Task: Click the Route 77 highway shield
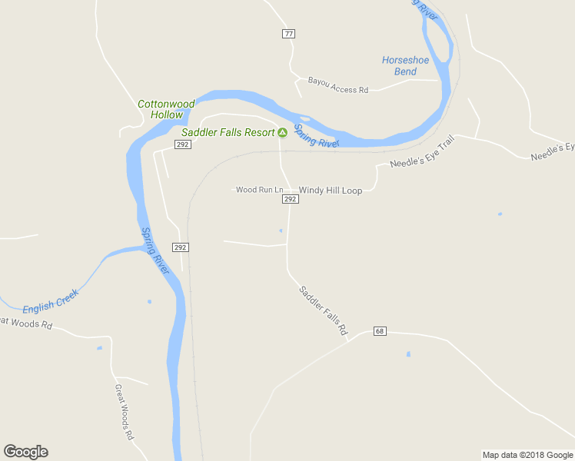pyautogui.click(x=288, y=34)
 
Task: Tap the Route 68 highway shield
pyautogui.click(x=380, y=331)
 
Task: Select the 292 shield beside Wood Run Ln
pyautogui.click(x=290, y=199)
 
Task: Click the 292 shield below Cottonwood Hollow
pyautogui.click(x=182, y=144)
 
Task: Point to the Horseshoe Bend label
pyautogui.click(x=400, y=66)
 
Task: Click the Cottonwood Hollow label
pyautogui.click(x=166, y=109)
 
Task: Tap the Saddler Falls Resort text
pyautogui.click(x=228, y=132)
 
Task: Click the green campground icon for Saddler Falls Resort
pyautogui.click(x=282, y=132)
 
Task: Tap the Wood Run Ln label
pyautogui.click(x=259, y=190)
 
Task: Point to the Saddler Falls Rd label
pyautogui.click(x=322, y=310)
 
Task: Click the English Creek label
pyautogui.click(x=51, y=301)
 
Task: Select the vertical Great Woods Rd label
pyautogui.click(x=124, y=412)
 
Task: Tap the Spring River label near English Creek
pyautogui.click(x=155, y=251)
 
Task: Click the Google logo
pyautogui.click(x=25, y=452)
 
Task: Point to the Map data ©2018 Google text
pyautogui.click(x=527, y=455)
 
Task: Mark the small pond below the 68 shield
pyautogui.click(x=408, y=354)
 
